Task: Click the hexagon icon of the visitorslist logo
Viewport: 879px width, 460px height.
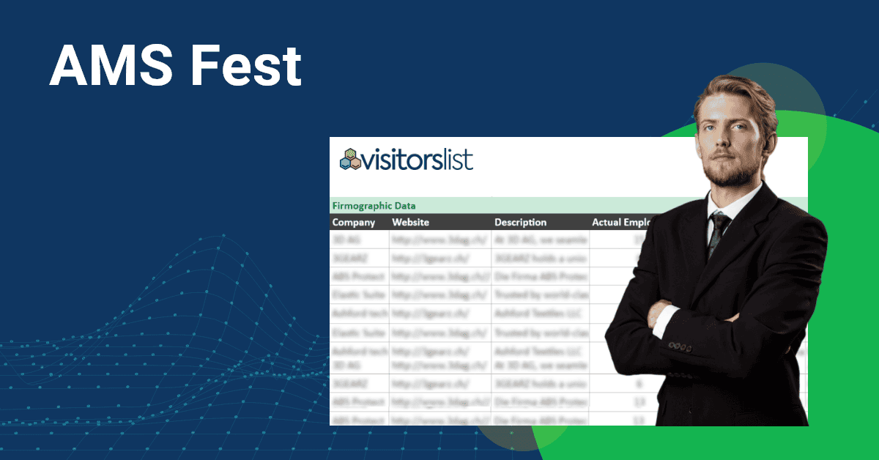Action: [x=350, y=159]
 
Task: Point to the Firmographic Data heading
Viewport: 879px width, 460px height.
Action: [x=374, y=206]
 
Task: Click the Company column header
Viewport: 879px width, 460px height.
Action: [x=354, y=222]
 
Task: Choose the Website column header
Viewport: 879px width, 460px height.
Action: [x=410, y=222]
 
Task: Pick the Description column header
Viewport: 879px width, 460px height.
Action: [x=520, y=222]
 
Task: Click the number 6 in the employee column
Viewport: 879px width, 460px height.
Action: [x=619, y=383]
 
